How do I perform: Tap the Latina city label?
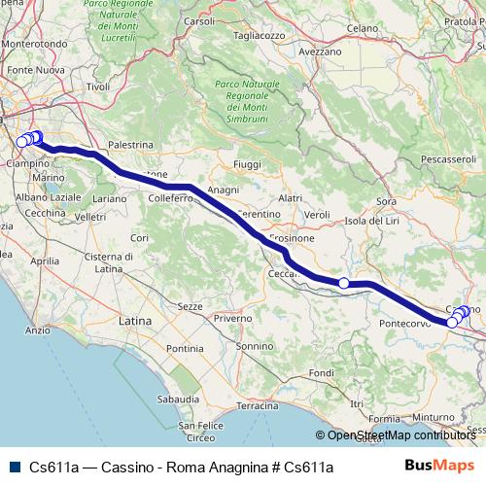[134, 319]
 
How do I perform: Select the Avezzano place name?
[320, 51]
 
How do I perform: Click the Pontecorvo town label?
[406, 323]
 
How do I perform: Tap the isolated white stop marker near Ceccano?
[344, 283]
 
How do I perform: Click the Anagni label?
[224, 190]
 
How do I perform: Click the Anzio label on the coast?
[38, 330]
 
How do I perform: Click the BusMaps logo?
[439, 466]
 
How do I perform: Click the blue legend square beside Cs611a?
[15, 467]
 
